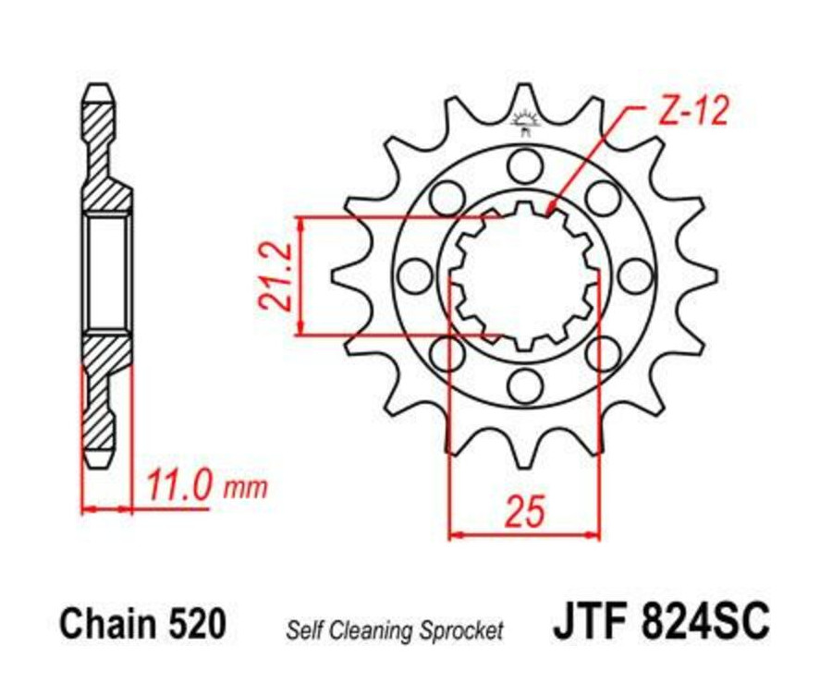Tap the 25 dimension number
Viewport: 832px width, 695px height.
pyautogui.click(x=524, y=510)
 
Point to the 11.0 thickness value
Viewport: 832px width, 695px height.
pyautogui.click(x=180, y=485)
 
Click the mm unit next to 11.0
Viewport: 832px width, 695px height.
pyautogui.click(x=245, y=487)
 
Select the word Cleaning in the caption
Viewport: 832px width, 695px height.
pyautogui.click(x=385, y=631)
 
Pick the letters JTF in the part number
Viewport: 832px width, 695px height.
pyautogui.click(x=589, y=622)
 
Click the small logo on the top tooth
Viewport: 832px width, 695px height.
pyautogui.click(x=525, y=121)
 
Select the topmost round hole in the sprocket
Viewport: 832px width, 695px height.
pyautogui.click(x=525, y=166)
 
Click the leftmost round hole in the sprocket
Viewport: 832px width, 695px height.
pyautogui.click(x=415, y=274)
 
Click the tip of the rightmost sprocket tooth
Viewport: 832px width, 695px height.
pyautogui.click(x=716, y=274)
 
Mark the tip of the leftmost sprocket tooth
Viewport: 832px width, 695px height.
pyautogui.click(x=334, y=274)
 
